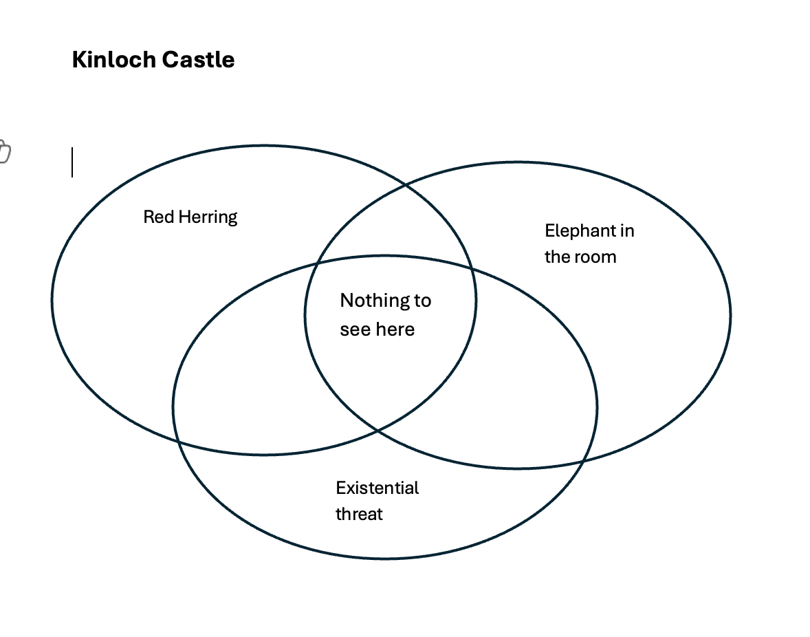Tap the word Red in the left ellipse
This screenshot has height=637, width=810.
pyautogui.click(x=155, y=217)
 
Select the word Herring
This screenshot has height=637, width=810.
pyautogui.click(x=204, y=217)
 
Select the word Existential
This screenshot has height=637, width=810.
pyautogui.click(x=377, y=488)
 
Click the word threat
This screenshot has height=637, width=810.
pyautogui.click(x=359, y=515)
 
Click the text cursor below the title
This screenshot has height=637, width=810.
pyautogui.click(x=72, y=162)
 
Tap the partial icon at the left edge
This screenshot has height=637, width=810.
pyautogui.click(x=4, y=152)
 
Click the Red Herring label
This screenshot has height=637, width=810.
pyautogui.click(x=190, y=217)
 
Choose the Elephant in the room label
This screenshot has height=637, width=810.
pyautogui.click(x=589, y=244)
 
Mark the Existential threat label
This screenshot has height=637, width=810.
pyautogui.click(x=377, y=501)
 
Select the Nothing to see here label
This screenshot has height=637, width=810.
pyautogui.click(x=385, y=315)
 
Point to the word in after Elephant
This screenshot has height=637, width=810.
pyautogui.click(x=626, y=231)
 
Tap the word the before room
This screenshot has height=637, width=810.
pyautogui.click(x=557, y=257)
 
